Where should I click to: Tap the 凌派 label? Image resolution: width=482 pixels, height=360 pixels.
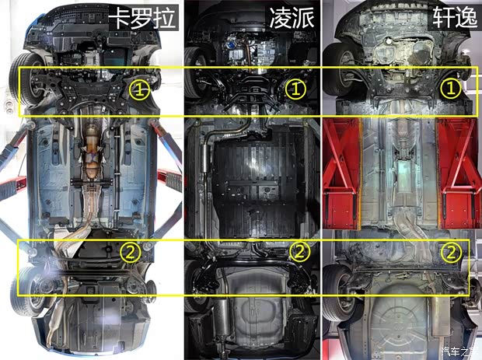[292, 17]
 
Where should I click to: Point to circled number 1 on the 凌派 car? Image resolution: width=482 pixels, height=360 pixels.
[296, 88]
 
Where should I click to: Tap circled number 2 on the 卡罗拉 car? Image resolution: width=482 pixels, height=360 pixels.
[131, 251]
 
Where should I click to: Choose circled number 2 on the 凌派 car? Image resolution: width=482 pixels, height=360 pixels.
[299, 251]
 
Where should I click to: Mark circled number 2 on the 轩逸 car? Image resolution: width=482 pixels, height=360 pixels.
[451, 251]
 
